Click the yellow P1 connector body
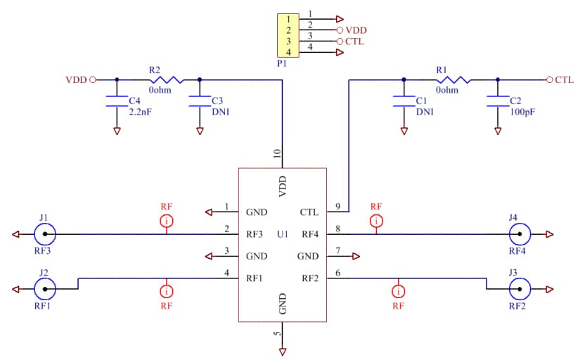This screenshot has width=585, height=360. tap(288, 36)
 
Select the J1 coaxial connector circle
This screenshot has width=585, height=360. tap(46, 234)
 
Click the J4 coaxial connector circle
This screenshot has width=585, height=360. tap(520, 234)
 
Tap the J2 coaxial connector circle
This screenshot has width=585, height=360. tap(46, 288)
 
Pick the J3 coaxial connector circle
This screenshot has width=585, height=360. tap(520, 288)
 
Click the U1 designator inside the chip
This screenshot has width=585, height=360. tap(283, 234)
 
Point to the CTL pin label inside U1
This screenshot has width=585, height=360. tap(309, 212)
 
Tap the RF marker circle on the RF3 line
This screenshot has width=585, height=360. tap(167, 221)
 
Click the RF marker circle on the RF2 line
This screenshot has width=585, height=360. tap(399, 290)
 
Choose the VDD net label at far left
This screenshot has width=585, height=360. tap(75, 80)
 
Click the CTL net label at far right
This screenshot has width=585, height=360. tap(564, 80)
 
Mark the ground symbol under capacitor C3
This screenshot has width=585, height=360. tap(200, 131)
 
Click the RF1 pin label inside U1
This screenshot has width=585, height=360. tap(255, 278)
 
